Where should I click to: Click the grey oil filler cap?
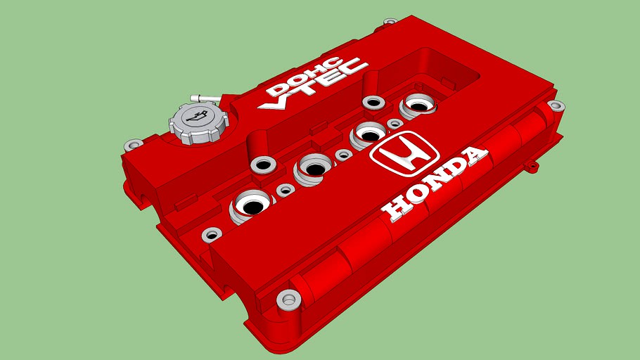click(x=199, y=123)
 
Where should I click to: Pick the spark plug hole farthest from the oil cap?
click(x=419, y=106)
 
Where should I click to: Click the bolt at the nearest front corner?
click(x=288, y=300)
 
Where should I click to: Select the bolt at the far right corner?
click(x=556, y=107)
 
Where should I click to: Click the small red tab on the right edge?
click(x=532, y=167)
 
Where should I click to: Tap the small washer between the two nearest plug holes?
click(x=286, y=190)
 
